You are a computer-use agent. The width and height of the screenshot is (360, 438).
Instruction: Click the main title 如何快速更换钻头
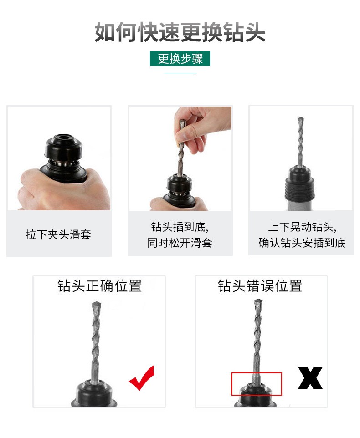pyautogui.click(x=180, y=32)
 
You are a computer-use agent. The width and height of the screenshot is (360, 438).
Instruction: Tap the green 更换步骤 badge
pyautogui.click(x=180, y=59)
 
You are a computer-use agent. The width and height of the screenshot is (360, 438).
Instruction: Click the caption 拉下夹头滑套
pyautogui.click(x=58, y=235)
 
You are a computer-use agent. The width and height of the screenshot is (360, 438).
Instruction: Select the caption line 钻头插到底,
pyautogui.click(x=180, y=227)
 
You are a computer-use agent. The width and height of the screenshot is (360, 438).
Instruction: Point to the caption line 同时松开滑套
pyautogui.click(x=180, y=243)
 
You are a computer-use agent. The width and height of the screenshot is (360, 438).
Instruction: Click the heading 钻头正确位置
pyautogui.click(x=99, y=286)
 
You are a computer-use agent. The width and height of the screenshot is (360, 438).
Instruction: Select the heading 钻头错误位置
pyautogui.click(x=260, y=286)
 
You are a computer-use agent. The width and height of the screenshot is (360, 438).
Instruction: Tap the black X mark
pyautogui.click(x=310, y=378)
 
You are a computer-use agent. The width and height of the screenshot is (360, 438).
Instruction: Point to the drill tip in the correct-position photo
pyautogui.click(x=96, y=304)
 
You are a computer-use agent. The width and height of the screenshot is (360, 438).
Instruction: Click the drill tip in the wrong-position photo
pyautogui.click(x=258, y=302)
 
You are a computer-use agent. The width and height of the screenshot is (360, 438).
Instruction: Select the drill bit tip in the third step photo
pyautogui.click(x=300, y=121)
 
